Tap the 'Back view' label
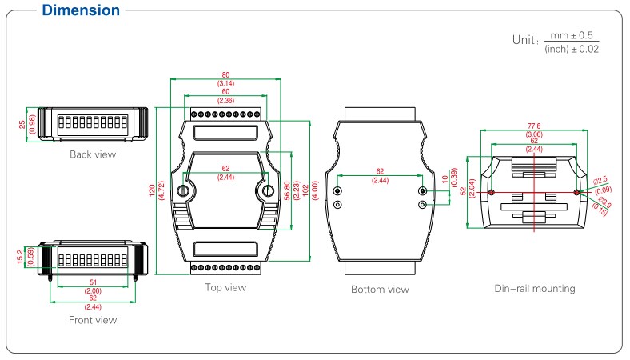[92, 154]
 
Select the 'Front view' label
[93, 320]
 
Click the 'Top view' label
[226, 287]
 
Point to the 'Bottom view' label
[380, 289]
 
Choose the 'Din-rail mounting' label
[534, 288]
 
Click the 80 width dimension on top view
[226, 75]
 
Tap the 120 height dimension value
[152, 189]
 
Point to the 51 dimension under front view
[93, 282]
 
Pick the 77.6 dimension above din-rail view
[534, 126]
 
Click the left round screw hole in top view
[184, 190]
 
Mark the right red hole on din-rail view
[577, 192]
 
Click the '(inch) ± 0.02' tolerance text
[571, 50]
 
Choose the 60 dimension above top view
[226, 92]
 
